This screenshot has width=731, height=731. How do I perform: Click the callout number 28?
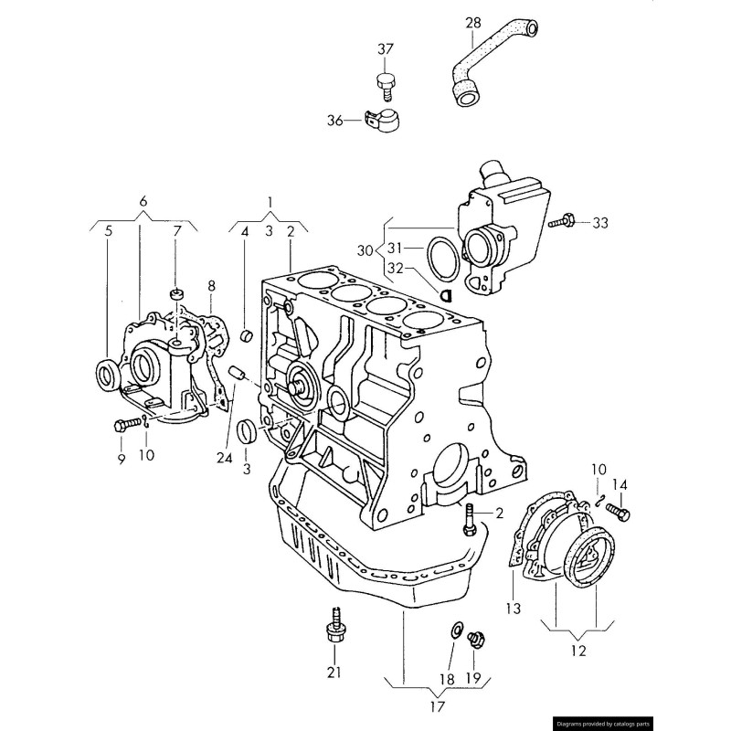(472, 22)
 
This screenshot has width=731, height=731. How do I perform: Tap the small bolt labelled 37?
(387, 84)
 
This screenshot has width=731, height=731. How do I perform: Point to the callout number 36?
(334, 120)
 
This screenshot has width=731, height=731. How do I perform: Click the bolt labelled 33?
(562, 222)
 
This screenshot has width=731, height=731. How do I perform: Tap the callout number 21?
(334, 673)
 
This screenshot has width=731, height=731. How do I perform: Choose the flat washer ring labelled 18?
(455, 630)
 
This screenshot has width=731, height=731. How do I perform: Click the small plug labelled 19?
(475, 640)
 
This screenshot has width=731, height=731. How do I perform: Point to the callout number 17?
(437, 705)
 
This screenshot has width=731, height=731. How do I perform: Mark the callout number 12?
(577, 652)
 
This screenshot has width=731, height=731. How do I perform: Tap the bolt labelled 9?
(125, 425)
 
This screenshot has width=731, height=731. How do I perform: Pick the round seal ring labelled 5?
(109, 373)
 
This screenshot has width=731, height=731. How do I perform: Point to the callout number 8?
(211, 285)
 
